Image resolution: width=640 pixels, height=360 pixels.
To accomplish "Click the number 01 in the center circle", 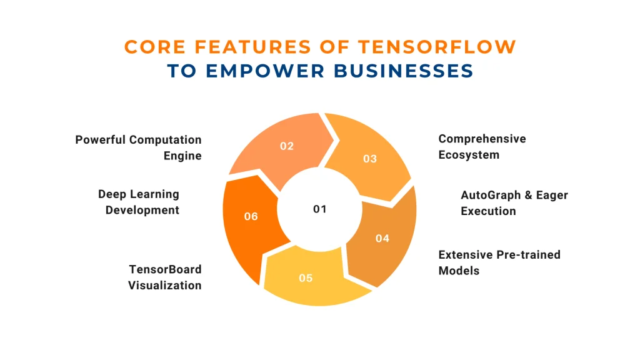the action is pyautogui.click(x=319, y=209).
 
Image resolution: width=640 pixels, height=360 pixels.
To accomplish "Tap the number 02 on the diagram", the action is pyautogui.click(x=286, y=146).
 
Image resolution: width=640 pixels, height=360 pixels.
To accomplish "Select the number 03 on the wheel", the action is pyautogui.click(x=370, y=159).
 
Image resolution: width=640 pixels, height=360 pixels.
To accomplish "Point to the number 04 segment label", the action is pyautogui.click(x=382, y=238).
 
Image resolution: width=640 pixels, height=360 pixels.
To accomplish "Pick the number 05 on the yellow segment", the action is pyautogui.click(x=306, y=278).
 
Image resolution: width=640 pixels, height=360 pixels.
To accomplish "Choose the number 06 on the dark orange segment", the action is pyautogui.click(x=251, y=216).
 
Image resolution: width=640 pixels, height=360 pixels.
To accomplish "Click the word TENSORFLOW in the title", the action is pyautogui.click(x=437, y=47).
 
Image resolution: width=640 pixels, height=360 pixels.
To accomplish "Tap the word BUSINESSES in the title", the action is pyautogui.click(x=404, y=71).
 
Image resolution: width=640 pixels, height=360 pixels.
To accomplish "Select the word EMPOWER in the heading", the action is pyautogui.click(x=265, y=71).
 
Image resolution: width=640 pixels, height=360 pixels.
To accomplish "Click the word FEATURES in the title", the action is pyautogui.click(x=253, y=47).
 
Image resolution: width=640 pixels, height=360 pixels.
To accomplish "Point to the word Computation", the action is pyautogui.click(x=165, y=140).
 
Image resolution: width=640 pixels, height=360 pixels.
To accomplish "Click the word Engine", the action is pyautogui.click(x=182, y=156).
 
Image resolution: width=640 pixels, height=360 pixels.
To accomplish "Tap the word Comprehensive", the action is pyautogui.click(x=482, y=139).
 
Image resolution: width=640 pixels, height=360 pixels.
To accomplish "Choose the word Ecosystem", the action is pyautogui.click(x=469, y=155).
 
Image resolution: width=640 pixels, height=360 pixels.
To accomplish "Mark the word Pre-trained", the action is pyautogui.click(x=529, y=255).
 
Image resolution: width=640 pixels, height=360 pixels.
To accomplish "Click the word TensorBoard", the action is pyautogui.click(x=165, y=269).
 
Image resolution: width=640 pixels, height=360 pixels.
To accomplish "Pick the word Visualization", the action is pyautogui.click(x=165, y=285).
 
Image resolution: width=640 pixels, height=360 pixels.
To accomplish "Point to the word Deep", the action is pyautogui.click(x=111, y=195).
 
